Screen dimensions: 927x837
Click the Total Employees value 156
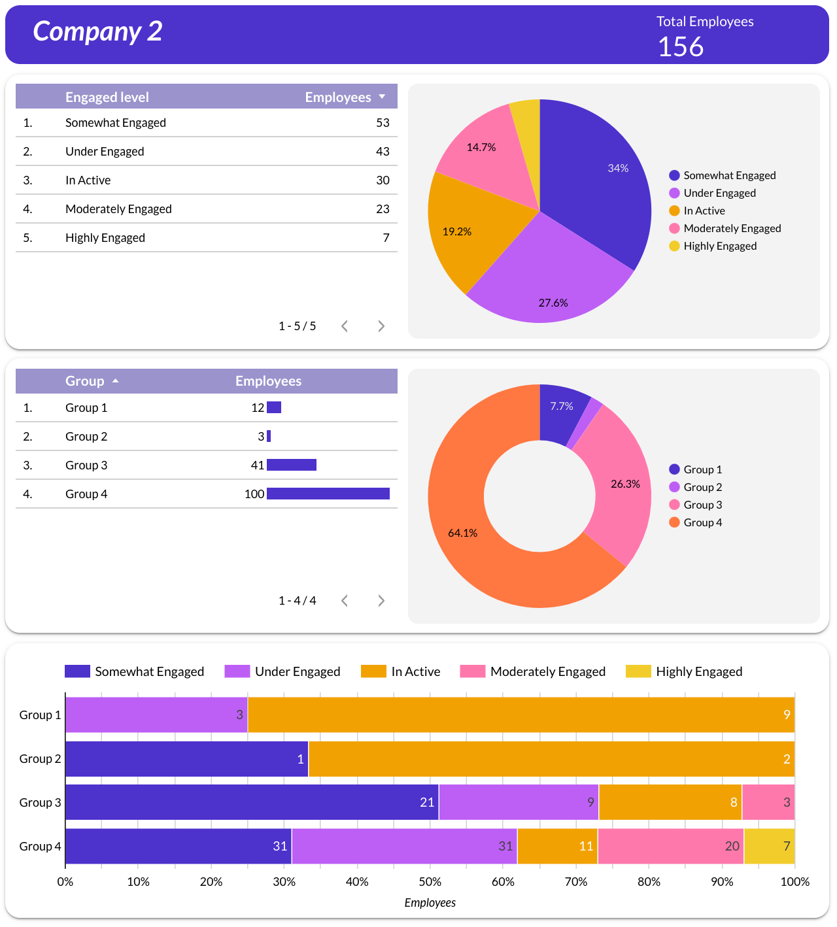[x=681, y=47]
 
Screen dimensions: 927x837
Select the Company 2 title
[x=97, y=31]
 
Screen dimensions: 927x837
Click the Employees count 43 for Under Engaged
[x=383, y=152]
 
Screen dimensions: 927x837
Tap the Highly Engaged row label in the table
[x=105, y=238]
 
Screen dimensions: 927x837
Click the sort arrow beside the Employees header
[x=382, y=97]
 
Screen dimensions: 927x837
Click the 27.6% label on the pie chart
[x=553, y=303]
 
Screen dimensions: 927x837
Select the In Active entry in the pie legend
[x=704, y=211]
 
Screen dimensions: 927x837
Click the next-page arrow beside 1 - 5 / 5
[x=381, y=326]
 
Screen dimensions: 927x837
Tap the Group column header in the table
[x=85, y=381]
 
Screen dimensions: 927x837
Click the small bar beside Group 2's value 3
[x=269, y=436]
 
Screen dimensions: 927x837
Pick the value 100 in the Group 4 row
[x=254, y=494]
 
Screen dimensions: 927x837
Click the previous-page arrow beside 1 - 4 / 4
[x=345, y=601]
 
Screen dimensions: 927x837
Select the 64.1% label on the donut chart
[x=462, y=533]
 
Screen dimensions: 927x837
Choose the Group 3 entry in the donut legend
[x=702, y=505]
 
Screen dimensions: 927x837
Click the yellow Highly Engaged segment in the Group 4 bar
[x=770, y=846]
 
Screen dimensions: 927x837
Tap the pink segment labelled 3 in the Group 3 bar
[x=768, y=802]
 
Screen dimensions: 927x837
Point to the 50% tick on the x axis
[x=430, y=881]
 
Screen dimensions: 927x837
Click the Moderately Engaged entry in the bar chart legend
[x=547, y=671]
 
